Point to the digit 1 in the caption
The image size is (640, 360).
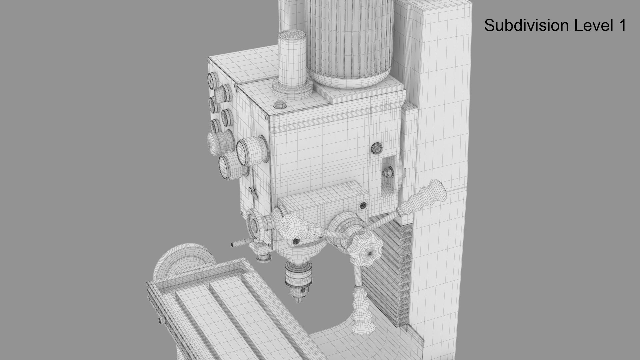[622, 25]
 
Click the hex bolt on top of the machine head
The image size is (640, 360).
[279, 105]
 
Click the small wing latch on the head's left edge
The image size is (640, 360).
[253, 191]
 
